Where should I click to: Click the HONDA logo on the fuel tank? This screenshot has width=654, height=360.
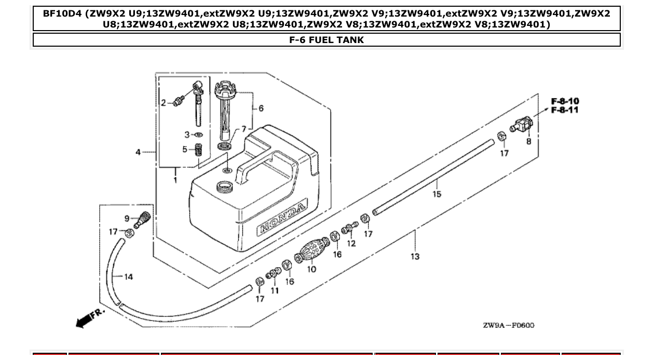tap(282, 218)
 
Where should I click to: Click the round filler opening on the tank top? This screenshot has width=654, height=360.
tap(225, 185)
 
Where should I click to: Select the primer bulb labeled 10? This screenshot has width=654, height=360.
tap(312, 251)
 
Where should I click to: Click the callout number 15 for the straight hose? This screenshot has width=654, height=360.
tap(437, 194)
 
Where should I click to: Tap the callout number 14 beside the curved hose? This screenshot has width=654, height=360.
tap(128, 277)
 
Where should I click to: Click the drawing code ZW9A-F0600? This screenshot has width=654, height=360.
tap(508, 325)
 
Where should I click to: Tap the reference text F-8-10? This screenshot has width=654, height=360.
tap(565, 101)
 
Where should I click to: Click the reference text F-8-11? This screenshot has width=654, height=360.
tap(565, 110)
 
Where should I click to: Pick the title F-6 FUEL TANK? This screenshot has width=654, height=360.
tap(326, 40)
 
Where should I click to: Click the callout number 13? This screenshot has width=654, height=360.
tap(415, 256)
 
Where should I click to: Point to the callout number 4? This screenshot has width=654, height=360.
tap(138, 152)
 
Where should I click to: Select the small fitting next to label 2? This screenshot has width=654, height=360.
tap(178, 103)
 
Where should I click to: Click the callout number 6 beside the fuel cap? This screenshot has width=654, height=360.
tap(261, 108)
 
